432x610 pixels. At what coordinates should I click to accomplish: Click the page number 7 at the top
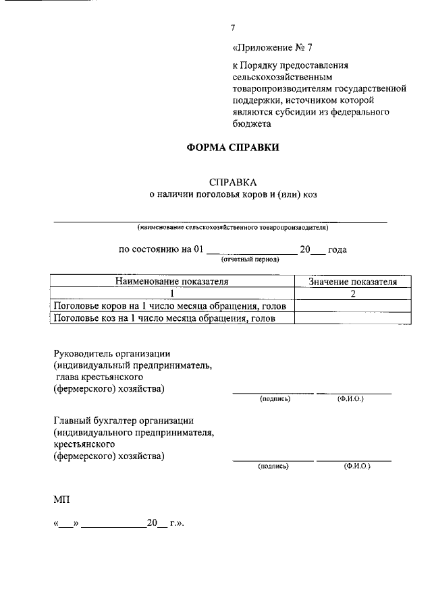(x=233, y=28)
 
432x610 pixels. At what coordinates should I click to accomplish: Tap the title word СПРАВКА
(x=233, y=182)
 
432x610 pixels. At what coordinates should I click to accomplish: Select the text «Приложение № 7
(x=272, y=48)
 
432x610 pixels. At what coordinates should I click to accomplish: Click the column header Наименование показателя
(x=172, y=281)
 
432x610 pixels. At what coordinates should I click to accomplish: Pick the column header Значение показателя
(x=352, y=282)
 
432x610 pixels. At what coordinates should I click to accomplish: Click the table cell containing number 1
(x=172, y=294)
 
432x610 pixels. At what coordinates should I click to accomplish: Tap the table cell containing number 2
(x=352, y=294)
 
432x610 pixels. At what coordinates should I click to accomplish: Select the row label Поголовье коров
(x=173, y=306)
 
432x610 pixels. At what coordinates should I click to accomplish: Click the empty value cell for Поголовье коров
(x=352, y=306)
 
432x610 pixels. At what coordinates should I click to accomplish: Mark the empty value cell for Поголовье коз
(x=352, y=319)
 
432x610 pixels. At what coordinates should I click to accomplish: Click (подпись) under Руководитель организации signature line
(x=274, y=399)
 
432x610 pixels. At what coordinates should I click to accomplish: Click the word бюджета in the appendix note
(x=251, y=123)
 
